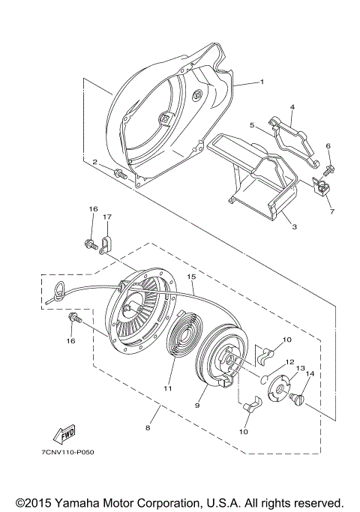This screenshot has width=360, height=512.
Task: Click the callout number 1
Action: point(261,82)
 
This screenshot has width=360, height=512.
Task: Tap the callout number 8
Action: point(148,428)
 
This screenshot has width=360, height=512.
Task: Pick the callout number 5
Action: point(253,125)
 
